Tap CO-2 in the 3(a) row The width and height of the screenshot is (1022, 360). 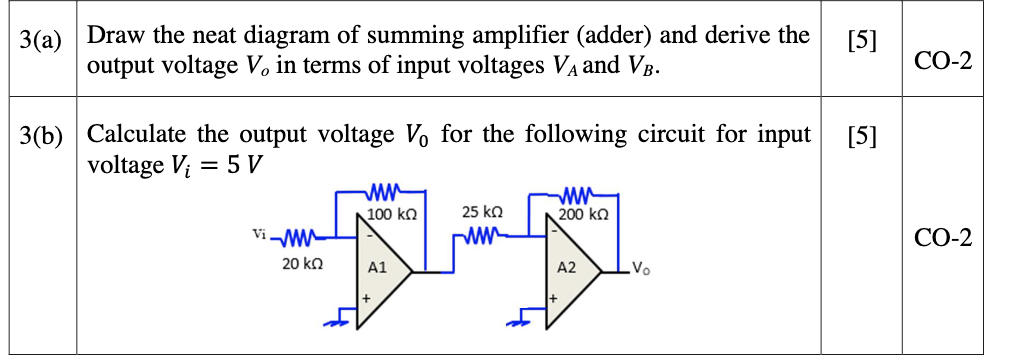(x=943, y=62)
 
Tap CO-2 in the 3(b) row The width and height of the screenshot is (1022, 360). (x=943, y=239)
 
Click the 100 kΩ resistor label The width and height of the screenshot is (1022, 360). (x=391, y=214)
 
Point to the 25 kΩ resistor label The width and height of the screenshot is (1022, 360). (x=482, y=213)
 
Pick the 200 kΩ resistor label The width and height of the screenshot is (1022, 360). (x=585, y=214)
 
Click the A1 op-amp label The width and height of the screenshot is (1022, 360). (x=377, y=268)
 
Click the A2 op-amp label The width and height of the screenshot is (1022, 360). (x=566, y=268)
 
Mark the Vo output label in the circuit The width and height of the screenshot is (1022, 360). (x=643, y=270)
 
